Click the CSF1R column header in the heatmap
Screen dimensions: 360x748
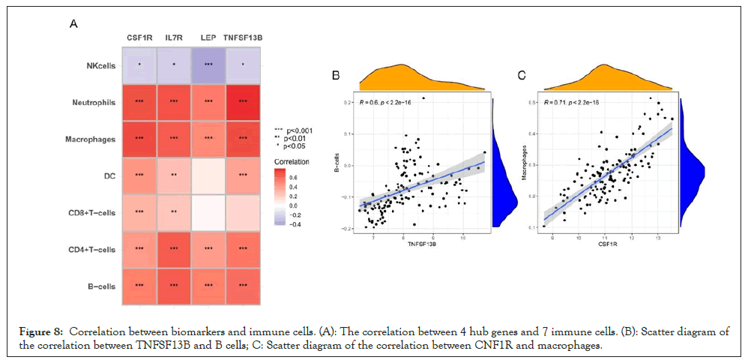139,37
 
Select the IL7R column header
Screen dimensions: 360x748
173,37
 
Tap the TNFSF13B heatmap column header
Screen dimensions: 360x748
242,37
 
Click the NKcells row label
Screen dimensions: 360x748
98,64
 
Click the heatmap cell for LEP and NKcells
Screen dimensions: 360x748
208,64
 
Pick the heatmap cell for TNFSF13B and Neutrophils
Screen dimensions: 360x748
242,101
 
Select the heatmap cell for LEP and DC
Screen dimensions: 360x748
208,175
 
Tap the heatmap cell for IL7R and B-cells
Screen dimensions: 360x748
173,286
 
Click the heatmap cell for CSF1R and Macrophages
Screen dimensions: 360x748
139,138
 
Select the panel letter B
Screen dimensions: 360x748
337,75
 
